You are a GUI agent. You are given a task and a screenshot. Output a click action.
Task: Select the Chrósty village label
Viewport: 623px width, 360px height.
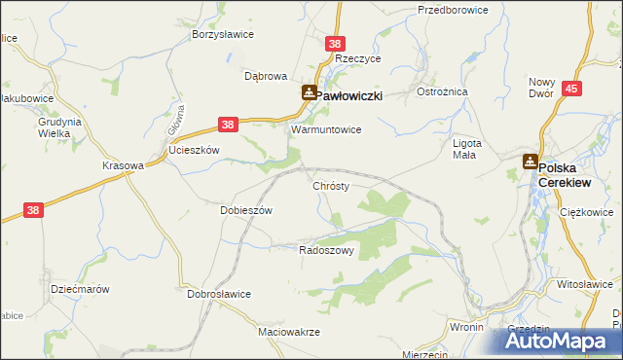[331, 185]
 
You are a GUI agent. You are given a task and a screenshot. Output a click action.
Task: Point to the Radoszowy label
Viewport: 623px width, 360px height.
[325, 250]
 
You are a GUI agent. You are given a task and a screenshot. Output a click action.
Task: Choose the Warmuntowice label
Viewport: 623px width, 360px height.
[327, 128]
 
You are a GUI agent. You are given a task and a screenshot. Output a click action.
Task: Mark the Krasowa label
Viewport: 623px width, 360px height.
[123, 165]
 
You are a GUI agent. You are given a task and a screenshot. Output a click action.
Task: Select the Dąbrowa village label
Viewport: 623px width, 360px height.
[265, 75]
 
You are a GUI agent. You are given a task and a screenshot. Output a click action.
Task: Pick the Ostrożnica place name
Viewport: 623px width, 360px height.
[443, 91]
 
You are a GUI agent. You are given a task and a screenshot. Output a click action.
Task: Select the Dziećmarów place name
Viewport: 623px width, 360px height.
[79, 289]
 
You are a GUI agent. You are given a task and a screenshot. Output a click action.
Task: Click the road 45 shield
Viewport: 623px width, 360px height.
[571, 89]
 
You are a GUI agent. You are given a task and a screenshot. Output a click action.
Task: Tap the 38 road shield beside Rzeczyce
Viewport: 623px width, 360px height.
[335, 44]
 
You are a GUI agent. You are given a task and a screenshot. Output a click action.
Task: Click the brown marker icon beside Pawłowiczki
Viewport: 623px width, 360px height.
[309, 93]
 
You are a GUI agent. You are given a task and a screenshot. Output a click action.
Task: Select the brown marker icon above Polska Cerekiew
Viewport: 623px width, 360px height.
[531, 162]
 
